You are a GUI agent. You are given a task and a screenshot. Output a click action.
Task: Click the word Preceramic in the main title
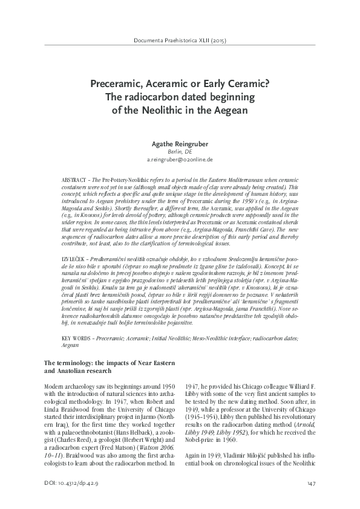114,85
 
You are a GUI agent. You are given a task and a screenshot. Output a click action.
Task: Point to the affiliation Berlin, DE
180,152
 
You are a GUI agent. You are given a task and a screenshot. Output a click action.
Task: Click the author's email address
180,160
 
